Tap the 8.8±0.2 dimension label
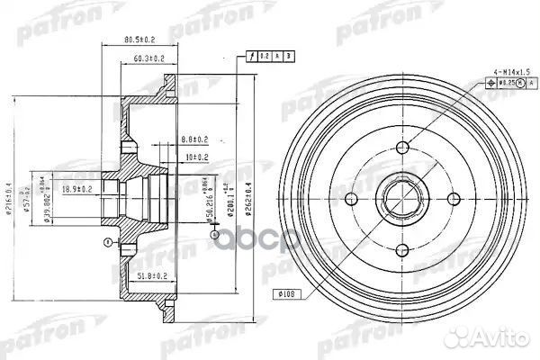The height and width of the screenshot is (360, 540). (x=193, y=139)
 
